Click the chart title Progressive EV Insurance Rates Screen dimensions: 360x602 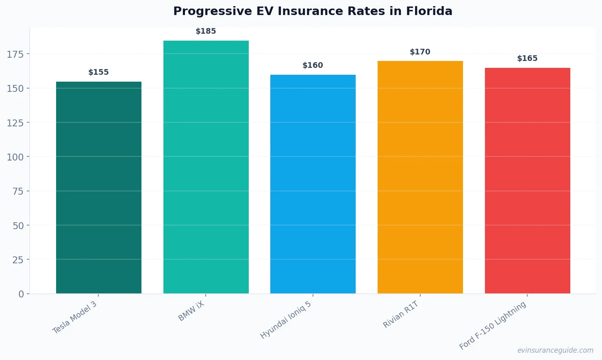pyautogui.click(x=313, y=11)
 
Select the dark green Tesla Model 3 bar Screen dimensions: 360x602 pyautogui.click(x=99, y=187)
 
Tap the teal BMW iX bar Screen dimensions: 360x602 pyautogui.click(x=206, y=167)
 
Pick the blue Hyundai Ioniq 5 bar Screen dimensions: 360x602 pyautogui.click(x=313, y=184)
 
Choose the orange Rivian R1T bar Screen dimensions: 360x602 pyautogui.click(x=420, y=177)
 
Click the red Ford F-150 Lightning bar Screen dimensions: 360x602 pyautogui.click(x=527, y=180)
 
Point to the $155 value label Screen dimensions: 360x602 pyautogui.click(x=98, y=72)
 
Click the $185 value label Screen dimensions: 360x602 pyautogui.click(x=206, y=31)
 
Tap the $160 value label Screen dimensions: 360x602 pyautogui.click(x=313, y=65)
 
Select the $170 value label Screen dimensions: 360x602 pyautogui.click(x=420, y=52)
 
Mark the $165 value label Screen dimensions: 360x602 pyautogui.click(x=527, y=59)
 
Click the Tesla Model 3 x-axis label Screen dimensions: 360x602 pyautogui.click(x=75, y=317)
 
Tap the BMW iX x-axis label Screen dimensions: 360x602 pyautogui.click(x=191, y=311)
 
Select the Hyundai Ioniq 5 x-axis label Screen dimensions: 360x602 pyautogui.click(x=286, y=320)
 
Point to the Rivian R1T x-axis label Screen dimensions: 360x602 pyautogui.click(x=401, y=314)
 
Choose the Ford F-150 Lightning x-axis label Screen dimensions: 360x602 pyautogui.click(x=493, y=325)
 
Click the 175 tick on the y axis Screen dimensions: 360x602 pyautogui.click(x=15, y=54)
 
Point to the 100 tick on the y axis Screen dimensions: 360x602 pyautogui.click(x=15, y=157)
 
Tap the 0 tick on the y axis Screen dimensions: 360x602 pyautogui.click(x=21, y=294)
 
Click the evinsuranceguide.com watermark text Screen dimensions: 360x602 pyautogui.click(x=555, y=350)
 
